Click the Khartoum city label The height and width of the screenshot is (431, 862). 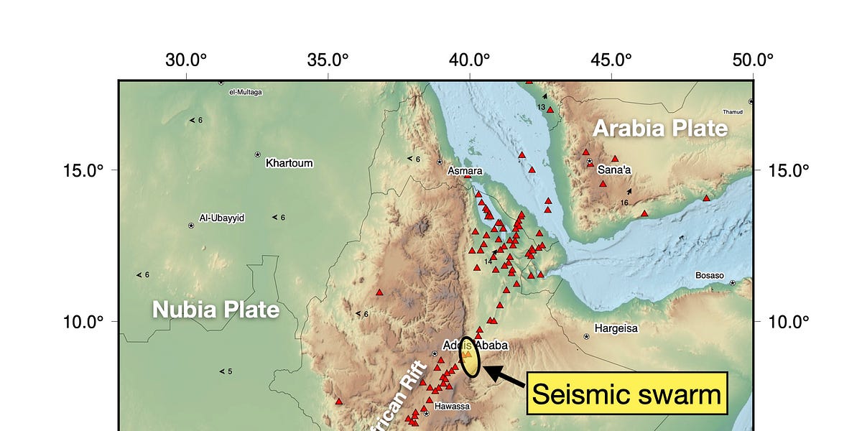(x=289, y=163)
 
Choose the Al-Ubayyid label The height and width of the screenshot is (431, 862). (x=222, y=217)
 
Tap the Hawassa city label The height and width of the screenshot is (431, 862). (x=452, y=406)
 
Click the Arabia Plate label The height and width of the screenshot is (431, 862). (x=659, y=129)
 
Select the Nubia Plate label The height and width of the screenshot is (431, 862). (x=215, y=310)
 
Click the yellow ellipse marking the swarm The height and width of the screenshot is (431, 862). (x=469, y=357)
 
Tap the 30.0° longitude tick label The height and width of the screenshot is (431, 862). (x=187, y=60)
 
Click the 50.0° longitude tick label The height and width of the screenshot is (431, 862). (x=753, y=60)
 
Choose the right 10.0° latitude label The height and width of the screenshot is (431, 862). (x=789, y=321)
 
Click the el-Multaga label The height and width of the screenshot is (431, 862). (x=246, y=92)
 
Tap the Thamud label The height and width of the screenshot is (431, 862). (x=733, y=111)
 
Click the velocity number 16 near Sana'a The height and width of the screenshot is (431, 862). (x=624, y=203)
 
